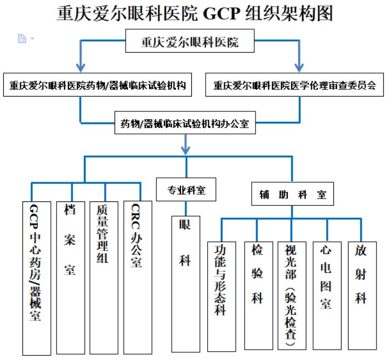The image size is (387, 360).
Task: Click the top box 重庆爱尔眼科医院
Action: (190, 42)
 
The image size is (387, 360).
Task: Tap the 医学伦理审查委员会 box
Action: (294, 86)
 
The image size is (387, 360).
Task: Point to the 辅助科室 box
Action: (292, 194)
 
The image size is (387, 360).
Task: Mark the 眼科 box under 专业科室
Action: (185, 283)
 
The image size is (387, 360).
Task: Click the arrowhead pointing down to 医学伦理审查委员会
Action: (300, 65)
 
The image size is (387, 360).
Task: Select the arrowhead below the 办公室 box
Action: (186, 148)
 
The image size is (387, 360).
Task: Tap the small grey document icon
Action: (22, 38)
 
